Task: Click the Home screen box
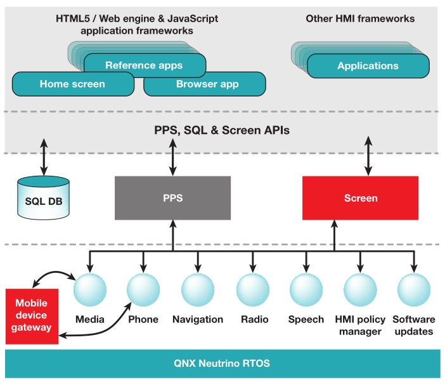72,84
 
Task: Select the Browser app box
205,84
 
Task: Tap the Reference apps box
144,65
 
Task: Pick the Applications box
368,65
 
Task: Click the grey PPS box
172,198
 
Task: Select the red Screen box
360,198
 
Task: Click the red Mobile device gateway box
31,316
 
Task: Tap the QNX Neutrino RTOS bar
222,364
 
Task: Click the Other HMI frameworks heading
360,18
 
